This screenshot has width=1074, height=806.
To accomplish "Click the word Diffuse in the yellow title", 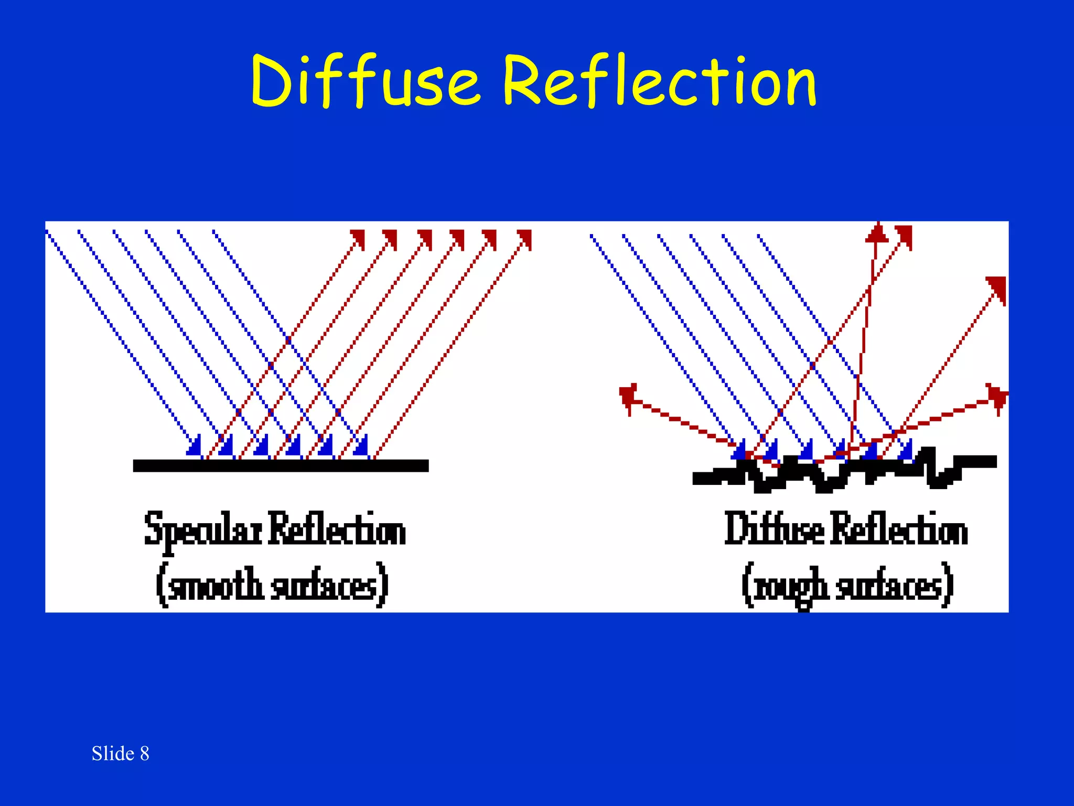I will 364,81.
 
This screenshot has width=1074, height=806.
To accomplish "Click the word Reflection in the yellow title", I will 659,81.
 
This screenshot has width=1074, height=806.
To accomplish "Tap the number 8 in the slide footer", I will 144,754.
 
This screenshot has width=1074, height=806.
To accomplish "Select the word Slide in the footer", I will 113,754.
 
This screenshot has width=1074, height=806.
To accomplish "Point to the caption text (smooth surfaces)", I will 272,586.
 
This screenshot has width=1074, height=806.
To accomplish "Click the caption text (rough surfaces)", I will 847,586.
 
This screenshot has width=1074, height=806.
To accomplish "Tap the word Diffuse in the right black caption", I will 774,529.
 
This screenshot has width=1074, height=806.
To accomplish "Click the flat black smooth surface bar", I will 281,465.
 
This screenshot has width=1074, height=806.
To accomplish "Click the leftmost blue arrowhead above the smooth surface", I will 195,446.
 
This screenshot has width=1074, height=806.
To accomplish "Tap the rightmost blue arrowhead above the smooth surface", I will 361,446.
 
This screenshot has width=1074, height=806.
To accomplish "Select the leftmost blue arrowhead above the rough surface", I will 739,450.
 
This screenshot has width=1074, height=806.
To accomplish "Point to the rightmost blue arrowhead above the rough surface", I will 906,450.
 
